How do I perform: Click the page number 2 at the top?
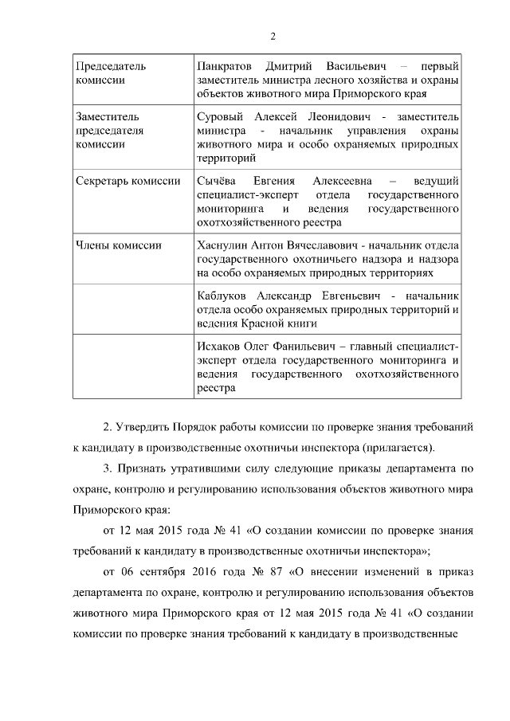point(273,36)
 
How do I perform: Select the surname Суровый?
point(219,116)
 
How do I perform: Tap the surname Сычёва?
point(215,181)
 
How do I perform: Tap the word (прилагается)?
point(394,446)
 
